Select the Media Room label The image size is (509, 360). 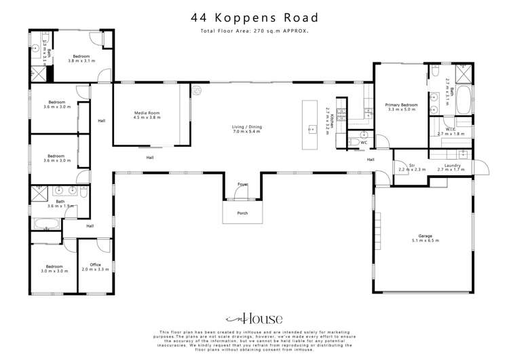click(x=146, y=113)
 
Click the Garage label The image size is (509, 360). click(x=426, y=236)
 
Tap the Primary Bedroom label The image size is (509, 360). click(x=401, y=105)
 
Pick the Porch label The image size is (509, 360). click(x=242, y=213)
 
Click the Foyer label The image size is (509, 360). click(x=242, y=184)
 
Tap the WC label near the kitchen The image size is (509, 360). click(x=364, y=143)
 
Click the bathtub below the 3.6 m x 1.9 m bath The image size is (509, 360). click(x=45, y=223)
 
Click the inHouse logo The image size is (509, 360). click(x=254, y=318)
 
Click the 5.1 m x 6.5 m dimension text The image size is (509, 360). click(x=426, y=241)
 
